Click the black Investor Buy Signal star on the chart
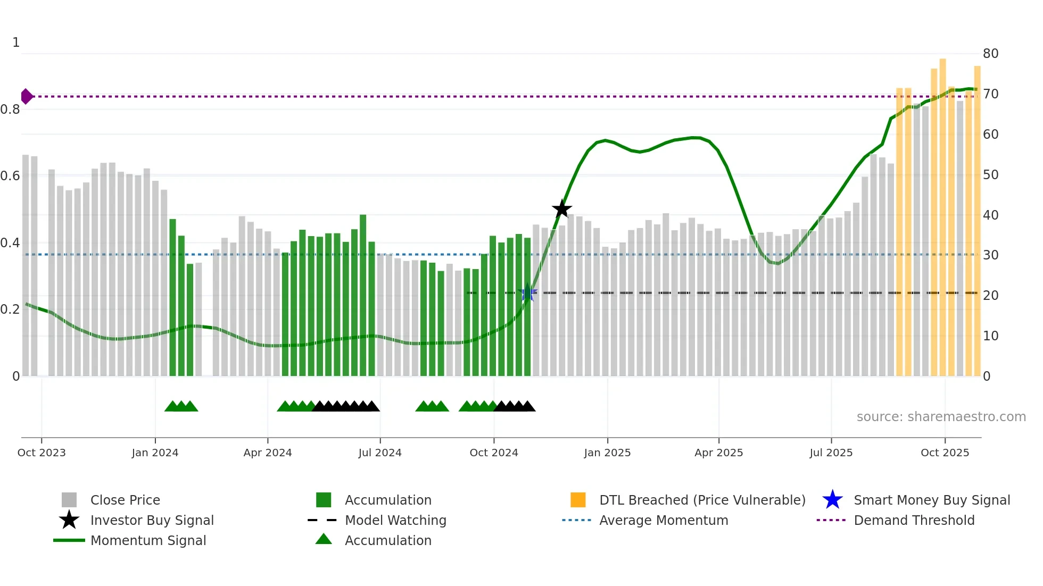561,209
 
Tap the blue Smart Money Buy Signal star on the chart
527,292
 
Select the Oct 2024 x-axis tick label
493,453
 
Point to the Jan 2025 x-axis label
607,453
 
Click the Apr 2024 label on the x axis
267,453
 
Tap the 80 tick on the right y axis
990,54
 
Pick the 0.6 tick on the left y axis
11,176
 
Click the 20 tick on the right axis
990,296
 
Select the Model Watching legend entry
395,520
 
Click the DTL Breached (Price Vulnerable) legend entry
702,500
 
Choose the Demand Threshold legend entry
914,520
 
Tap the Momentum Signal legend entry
148,540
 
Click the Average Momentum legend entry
663,520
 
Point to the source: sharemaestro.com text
941,417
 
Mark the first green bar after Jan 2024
172,298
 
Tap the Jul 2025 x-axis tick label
831,453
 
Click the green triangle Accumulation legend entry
387,540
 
